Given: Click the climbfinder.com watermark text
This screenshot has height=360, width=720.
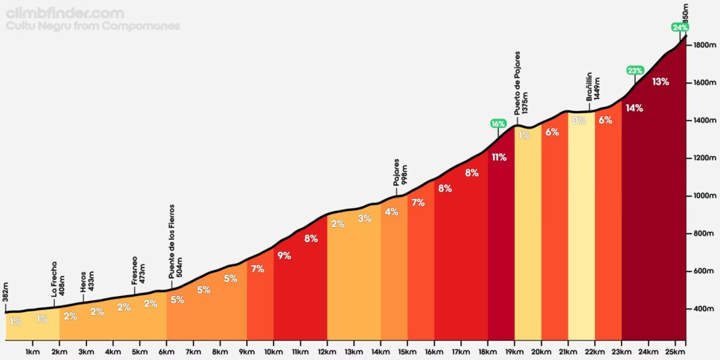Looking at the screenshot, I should click(x=65, y=13).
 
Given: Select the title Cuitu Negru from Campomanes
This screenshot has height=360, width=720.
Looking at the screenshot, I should click(x=93, y=26).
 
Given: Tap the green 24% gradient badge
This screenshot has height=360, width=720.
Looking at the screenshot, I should click(x=680, y=27).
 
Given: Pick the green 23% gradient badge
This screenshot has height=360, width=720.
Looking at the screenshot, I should click(x=635, y=70).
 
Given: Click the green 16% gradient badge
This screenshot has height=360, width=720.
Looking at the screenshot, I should click(x=499, y=124).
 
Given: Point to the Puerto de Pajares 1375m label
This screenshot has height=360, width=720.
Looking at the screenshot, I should click(x=522, y=83).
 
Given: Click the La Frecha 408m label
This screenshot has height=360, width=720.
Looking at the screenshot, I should click(x=58, y=278).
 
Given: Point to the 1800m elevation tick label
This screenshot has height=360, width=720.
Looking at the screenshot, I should click(x=704, y=45).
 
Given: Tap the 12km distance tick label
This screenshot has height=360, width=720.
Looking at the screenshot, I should click(x=327, y=351).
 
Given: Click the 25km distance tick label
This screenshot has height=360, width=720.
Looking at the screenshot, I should click(x=674, y=351).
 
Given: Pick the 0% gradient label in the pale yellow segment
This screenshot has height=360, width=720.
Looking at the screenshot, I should click(x=579, y=121).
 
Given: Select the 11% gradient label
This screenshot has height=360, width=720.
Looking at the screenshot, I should click(x=499, y=157).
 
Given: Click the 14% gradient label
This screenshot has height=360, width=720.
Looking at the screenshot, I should click(x=634, y=108).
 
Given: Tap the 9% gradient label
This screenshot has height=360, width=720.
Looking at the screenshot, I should click(x=284, y=256).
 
